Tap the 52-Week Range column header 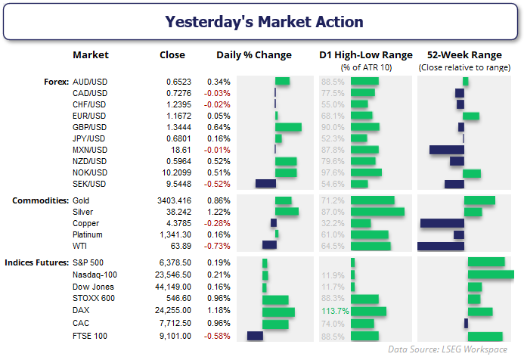[x=464, y=55]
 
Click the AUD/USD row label [x=90, y=81]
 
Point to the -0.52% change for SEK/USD [x=218, y=183]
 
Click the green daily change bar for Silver [x=287, y=213]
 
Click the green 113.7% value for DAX [x=333, y=311]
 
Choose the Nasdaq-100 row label [x=95, y=275]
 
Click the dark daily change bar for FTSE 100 [x=255, y=335]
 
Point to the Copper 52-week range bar [x=442, y=223]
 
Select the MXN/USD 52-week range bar [x=446, y=150]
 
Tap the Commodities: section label [x=38, y=200]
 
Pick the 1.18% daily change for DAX [x=219, y=311]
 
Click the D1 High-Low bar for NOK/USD [x=367, y=172]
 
